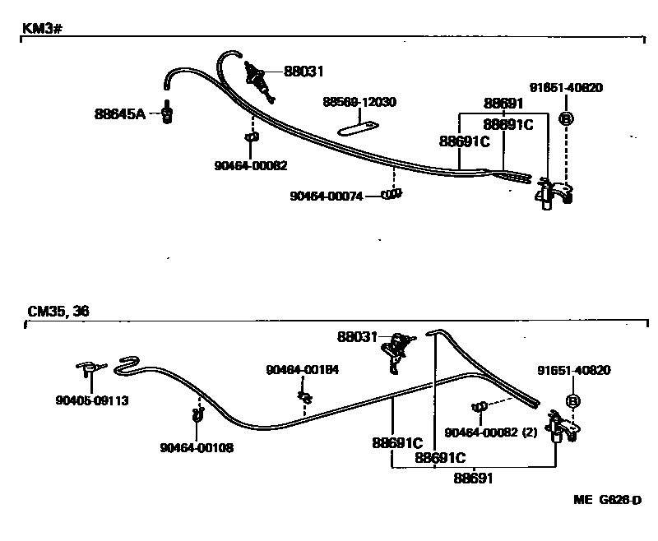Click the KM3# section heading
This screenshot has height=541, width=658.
41,27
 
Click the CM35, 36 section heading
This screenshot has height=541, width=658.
58,311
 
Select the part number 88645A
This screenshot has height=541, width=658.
119,113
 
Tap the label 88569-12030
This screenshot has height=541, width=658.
359,102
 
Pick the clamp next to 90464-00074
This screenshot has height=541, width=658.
394,194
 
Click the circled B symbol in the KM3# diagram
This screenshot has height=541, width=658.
565,119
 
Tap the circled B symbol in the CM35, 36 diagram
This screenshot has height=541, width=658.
574,400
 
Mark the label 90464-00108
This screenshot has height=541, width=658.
197,447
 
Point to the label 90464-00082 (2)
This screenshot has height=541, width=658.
490,432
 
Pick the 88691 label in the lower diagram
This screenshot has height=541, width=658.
473,478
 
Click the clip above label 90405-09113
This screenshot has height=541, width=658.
89,368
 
